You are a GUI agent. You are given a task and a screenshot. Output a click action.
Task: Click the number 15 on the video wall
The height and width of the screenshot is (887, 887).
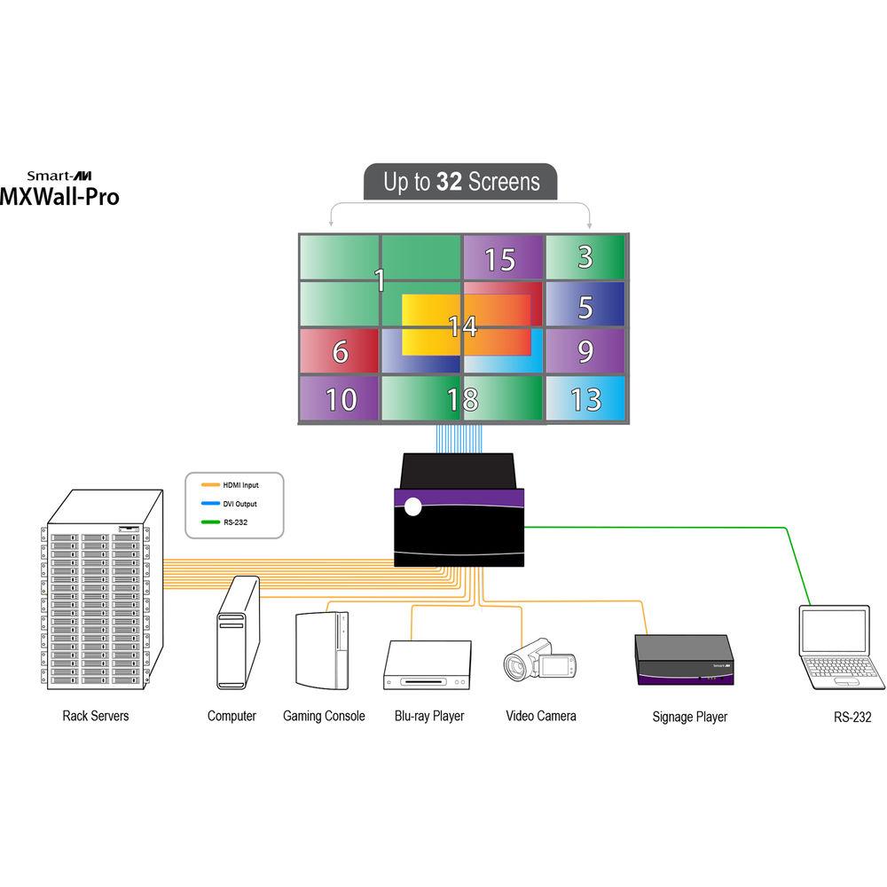click(500, 260)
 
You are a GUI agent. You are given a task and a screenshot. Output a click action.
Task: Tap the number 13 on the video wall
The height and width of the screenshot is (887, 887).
click(585, 400)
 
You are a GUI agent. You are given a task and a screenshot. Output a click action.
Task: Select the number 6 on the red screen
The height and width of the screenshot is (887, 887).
click(340, 352)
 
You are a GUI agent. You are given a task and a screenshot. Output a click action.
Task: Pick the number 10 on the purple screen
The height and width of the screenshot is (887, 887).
click(340, 400)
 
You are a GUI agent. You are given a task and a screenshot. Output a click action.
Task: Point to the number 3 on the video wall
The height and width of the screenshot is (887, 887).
click(585, 257)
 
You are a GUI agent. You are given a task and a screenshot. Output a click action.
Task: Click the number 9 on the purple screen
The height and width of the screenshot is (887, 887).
click(585, 352)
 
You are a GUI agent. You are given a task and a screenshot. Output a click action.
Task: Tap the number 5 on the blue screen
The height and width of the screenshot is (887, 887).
click(585, 307)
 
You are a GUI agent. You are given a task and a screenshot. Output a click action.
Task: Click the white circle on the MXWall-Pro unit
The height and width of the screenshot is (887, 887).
click(412, 507)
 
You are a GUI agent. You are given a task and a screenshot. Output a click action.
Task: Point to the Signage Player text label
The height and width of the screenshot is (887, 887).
click(689, 717)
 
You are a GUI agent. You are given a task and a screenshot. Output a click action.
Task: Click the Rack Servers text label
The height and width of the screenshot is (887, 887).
click(95, 715)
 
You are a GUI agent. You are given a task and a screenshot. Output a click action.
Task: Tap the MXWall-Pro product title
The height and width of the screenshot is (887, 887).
click(59, 196)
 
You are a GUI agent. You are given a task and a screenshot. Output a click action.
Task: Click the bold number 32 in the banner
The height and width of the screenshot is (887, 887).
click(450, 182)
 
